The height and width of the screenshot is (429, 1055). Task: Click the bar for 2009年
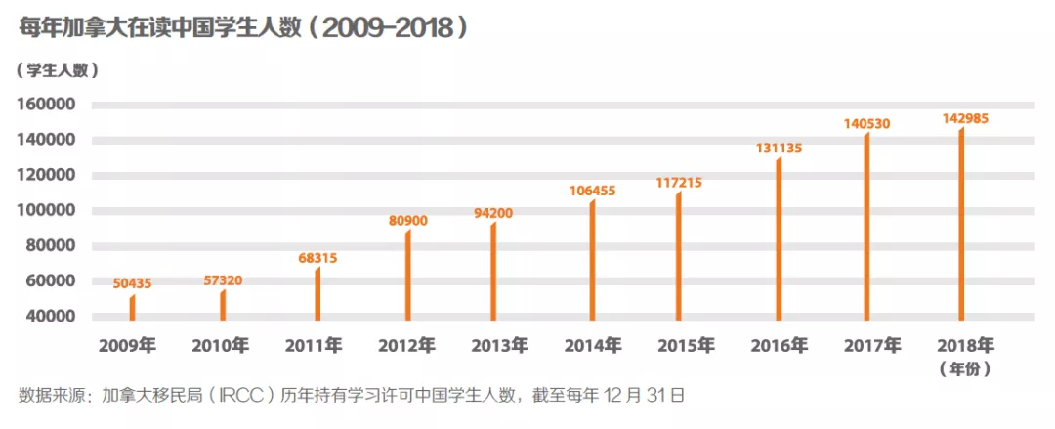(133, 307)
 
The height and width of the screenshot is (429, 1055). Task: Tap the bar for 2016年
(779, 238)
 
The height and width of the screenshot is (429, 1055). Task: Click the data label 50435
(132, 283)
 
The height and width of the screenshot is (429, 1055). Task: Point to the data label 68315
(318, 257)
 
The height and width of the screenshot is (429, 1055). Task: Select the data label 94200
(494, 212)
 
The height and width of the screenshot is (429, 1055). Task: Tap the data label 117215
(679, 182)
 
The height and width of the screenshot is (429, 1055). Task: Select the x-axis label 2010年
(221, 345)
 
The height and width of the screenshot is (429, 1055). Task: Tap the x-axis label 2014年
(592, 345)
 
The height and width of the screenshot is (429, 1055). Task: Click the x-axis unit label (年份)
(965, 368)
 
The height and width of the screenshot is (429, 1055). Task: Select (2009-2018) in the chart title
(389, 27)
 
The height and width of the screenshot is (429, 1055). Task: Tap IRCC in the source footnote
(248, 396)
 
